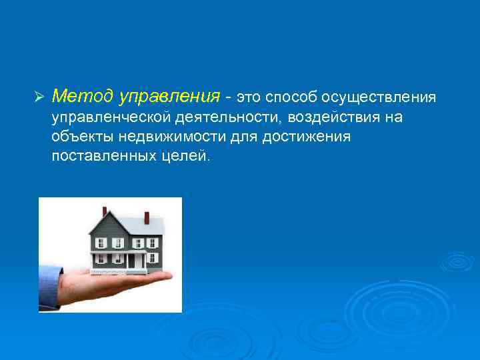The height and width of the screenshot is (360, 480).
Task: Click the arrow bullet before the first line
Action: coord(39,97)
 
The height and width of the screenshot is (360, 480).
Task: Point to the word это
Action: coord(247,97)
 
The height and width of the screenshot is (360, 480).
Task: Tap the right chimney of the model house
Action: coord(147,217)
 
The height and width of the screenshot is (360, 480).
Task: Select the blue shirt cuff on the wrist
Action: coord(48,299)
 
